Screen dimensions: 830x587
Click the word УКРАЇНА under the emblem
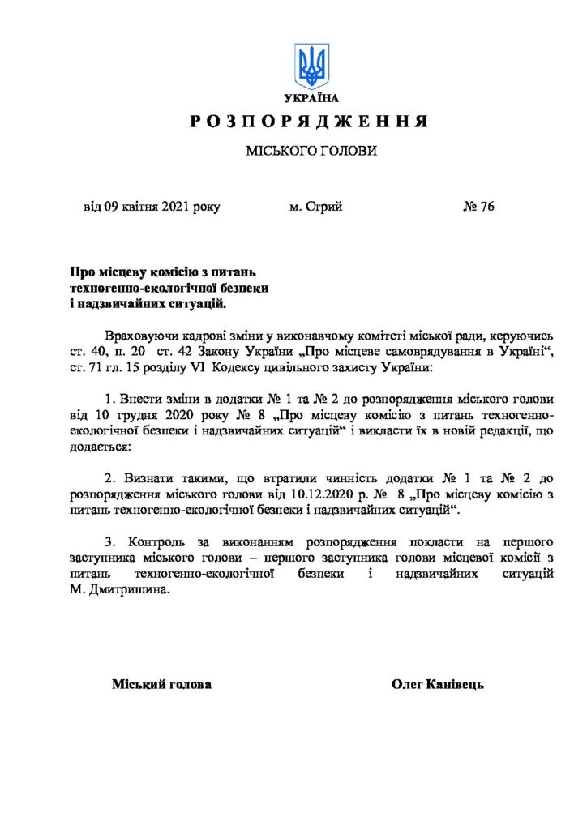(312, 98)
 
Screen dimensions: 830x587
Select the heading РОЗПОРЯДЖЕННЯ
(309, 122)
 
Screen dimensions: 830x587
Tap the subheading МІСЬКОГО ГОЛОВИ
(312, 152)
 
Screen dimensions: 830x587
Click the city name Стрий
(325, 207)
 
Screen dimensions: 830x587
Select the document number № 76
(478, 207)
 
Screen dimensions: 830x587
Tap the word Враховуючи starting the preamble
(139, 334)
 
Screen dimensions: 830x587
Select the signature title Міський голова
(161, 685)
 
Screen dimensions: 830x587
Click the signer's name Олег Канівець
(438, 685)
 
